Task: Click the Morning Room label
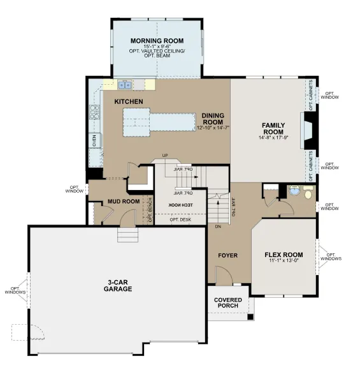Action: tap(157, 41)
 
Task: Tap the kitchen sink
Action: tap(125, 85)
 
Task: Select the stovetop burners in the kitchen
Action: tap(94, 112)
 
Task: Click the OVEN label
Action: tap(94, 140)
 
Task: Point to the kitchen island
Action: tap(159, 122)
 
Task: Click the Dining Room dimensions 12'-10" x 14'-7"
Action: tap(213, 128)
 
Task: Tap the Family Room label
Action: tap(273, 129)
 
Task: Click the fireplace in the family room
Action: tap(309, 131)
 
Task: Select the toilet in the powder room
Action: tap(308, 192)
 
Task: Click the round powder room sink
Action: tap(294, 190)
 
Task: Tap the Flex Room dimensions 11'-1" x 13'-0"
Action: tap(284, 261)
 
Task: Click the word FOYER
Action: tap(227, 255)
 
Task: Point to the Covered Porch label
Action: tap(228, 303)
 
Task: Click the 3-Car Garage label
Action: tap(118, 286)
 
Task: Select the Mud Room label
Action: tap(124, 202)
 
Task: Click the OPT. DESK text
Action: tap(180, 219)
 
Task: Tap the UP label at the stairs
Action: tap(165, 155)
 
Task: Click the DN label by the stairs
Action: tap(218, 226)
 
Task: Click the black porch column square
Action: tap(250, 317)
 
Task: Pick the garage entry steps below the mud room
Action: tap(128, 235)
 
